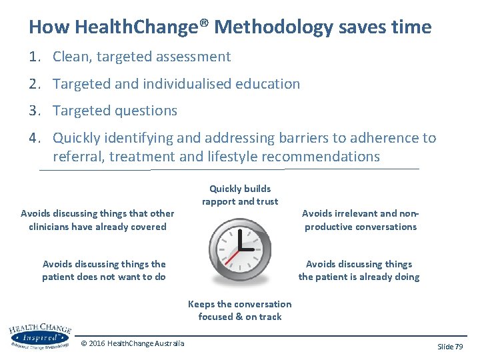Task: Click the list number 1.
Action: click(34, 57)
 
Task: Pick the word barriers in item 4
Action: click(295, 138)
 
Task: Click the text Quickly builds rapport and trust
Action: click(240, 195)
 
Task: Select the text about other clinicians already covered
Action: click(97, 220)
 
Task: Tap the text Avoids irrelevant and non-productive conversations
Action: click(360, 220)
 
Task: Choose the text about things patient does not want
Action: click(104, 271)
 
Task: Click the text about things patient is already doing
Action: click(359, 271)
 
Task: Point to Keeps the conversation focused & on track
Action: click(240, 311)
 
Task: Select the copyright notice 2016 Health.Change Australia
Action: click(133, 343)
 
